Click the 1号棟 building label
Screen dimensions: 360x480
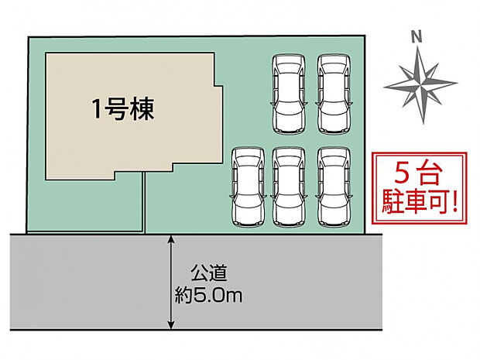pos(123,109)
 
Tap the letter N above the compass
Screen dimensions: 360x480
pos(416,36)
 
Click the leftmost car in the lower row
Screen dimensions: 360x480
pos(249,187)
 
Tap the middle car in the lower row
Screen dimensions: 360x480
pos(290,187)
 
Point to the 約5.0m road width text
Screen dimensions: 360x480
pos(209,295)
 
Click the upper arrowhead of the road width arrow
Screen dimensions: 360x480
pos(171,239)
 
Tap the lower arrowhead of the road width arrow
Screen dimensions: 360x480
pos(171,324)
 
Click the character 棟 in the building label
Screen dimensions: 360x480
pos(142,109)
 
